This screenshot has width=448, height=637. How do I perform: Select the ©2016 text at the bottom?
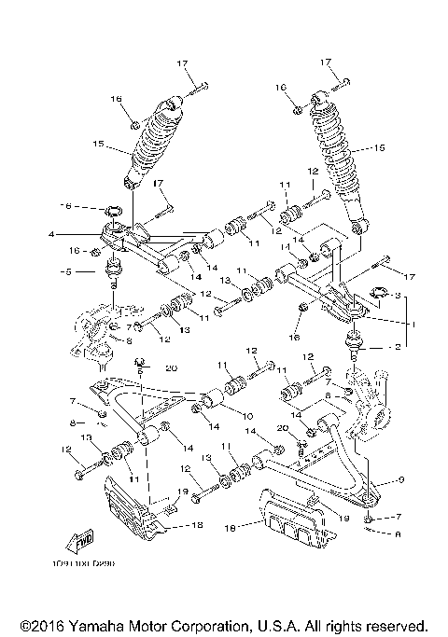[40, 625]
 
